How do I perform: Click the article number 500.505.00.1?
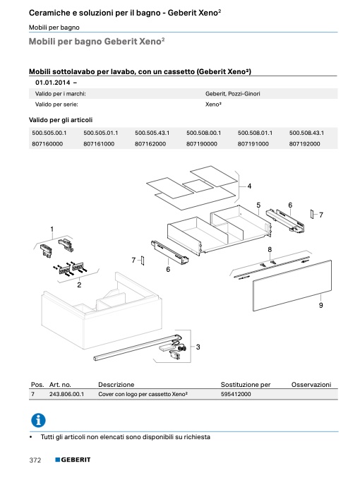[x=49, y=133]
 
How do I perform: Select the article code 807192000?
[x=304, y=144]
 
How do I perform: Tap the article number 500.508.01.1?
[x=255, y=133]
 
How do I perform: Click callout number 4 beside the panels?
[x=249, y=186]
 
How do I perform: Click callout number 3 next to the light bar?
[x=198, y=347]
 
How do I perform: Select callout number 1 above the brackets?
[x=52, y=229]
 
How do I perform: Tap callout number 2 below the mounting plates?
[x=79, y=285]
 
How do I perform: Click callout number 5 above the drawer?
[x=258, y=205]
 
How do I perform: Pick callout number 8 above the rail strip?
[x=270, y=250]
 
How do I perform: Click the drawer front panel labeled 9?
[x=292, y=286]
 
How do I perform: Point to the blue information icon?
[x=38, y=421]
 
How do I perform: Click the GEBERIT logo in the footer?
[x=73, y=460]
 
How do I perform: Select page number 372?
[x=35, y=460]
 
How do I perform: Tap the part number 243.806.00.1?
[x=66, y=394]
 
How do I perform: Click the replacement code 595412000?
[x=236, y=394]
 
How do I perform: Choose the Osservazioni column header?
[x=311, y=385]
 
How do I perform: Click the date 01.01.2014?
[x=53, y=83]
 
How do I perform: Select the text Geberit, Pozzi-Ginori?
[x=232, y=94]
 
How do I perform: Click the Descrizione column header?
[x=116, y=385]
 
